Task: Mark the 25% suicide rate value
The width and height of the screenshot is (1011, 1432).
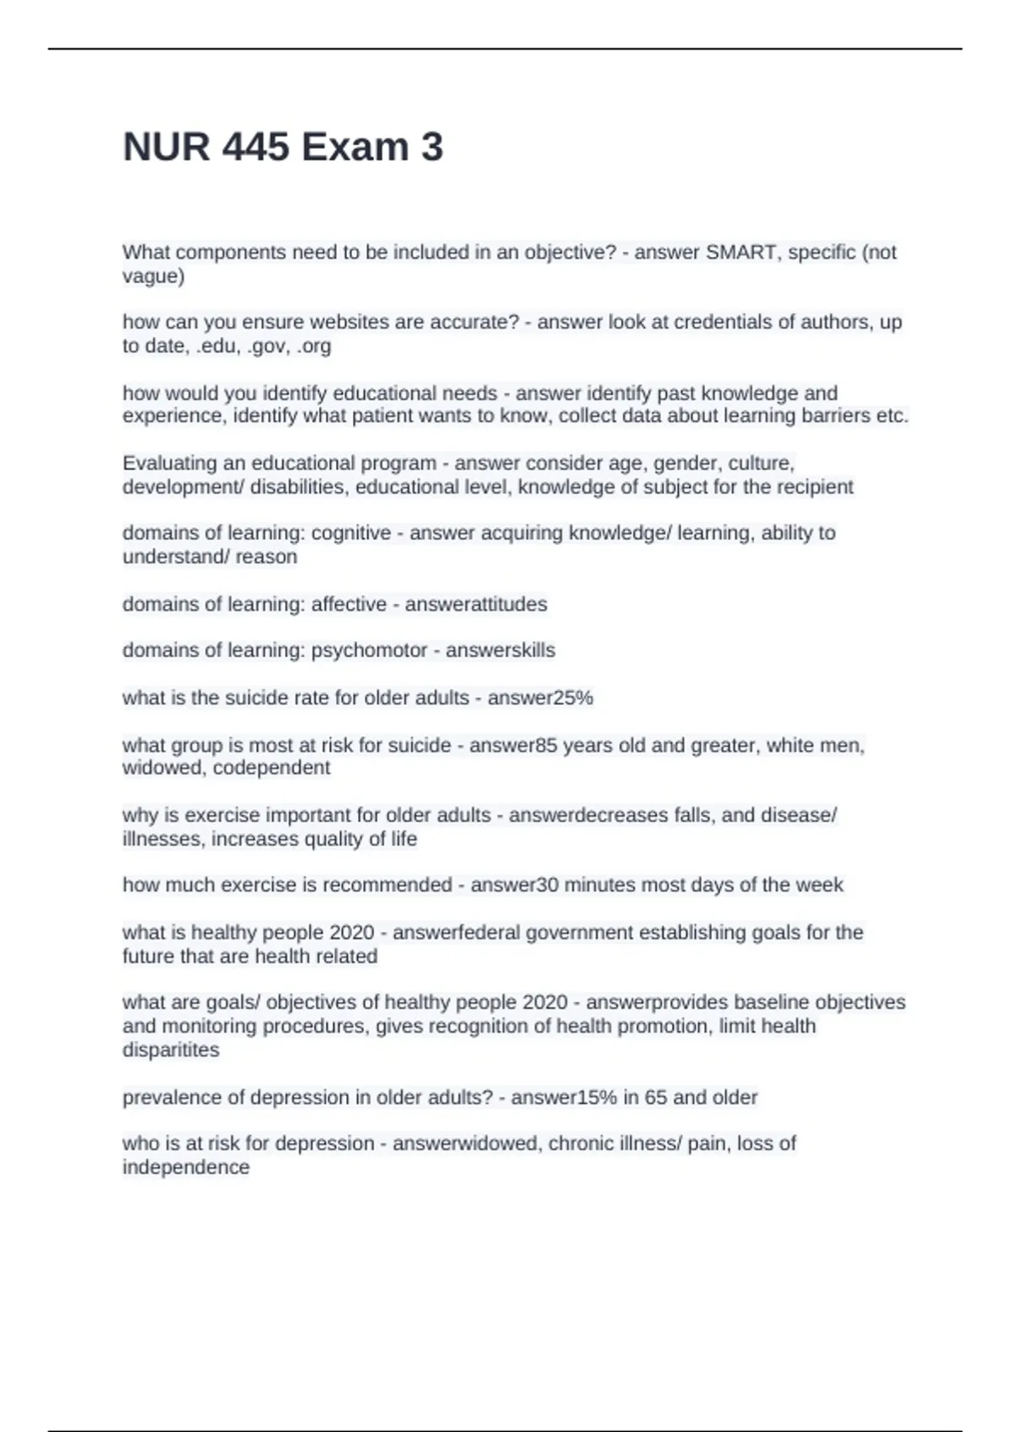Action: coord(573,697)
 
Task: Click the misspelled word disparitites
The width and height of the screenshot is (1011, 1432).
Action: coord(170,1050)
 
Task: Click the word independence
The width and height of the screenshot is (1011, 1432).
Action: coord(185,1167)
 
